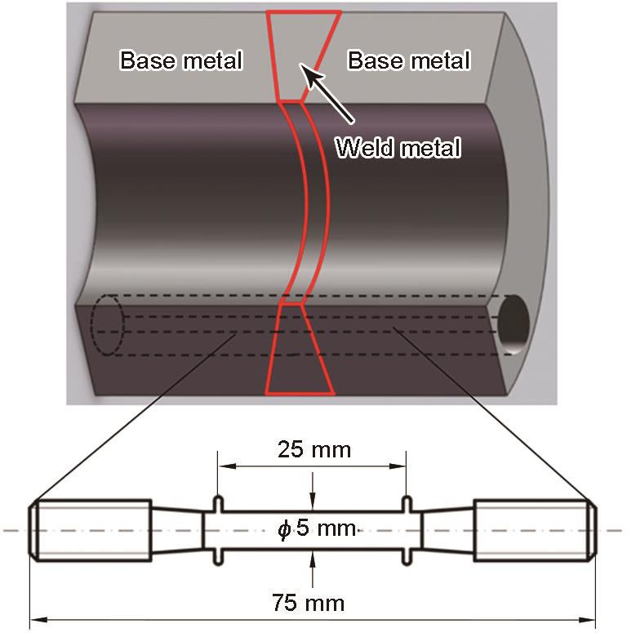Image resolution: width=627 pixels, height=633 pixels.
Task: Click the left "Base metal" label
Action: (x=181, y=60)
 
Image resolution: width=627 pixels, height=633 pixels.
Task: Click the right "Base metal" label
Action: (x=409, y=60)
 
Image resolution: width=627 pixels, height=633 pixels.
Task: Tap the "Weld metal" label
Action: (x=398, y=147)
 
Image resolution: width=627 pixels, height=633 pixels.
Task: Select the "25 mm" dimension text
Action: (x=314, y=449)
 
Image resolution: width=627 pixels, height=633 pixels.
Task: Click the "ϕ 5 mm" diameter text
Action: (x=317, y=528)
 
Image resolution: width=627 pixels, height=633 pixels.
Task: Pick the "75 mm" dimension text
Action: (x=309, y=603)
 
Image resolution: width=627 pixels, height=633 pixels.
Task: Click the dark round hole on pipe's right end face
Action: (x=513, y=324)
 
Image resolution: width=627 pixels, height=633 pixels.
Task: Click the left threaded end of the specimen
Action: (x=91, y=530)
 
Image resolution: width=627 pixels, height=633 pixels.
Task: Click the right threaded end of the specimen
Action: (x=535, y=530)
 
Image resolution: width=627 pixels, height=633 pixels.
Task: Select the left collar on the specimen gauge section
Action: (x=218, y=530)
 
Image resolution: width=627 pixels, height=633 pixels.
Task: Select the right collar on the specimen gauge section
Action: (x=407, y=530)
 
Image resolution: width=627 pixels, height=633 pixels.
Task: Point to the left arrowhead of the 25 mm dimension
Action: (x=227, y=466)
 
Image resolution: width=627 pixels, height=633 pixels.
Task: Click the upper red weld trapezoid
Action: (x=303, y=56)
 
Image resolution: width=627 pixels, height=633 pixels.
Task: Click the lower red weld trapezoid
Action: (x=300, y=350)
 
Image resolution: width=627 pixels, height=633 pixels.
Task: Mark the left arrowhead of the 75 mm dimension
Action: (x=39, y=620)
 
